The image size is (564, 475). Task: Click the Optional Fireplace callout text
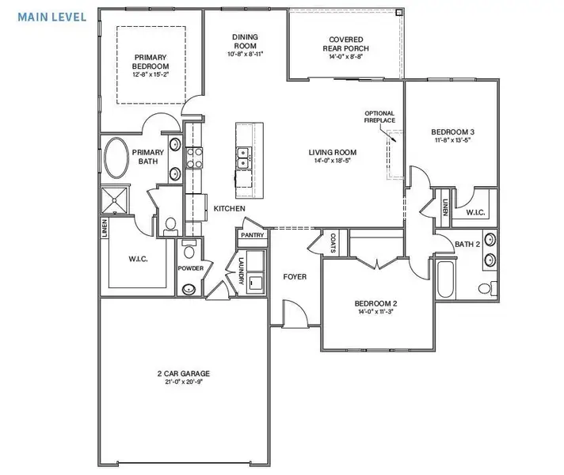pos(380,116)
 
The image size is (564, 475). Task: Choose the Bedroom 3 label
pos(453,132)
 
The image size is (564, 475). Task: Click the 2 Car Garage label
pos(183,373)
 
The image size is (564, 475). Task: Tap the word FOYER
pos(295,278)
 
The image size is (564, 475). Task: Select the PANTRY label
pos(253,235)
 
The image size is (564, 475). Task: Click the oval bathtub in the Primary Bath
pos(116,159)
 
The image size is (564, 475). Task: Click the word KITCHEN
pos(229,208)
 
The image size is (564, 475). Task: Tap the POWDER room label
pos(191,268)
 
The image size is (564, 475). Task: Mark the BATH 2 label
pos(466,243)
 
